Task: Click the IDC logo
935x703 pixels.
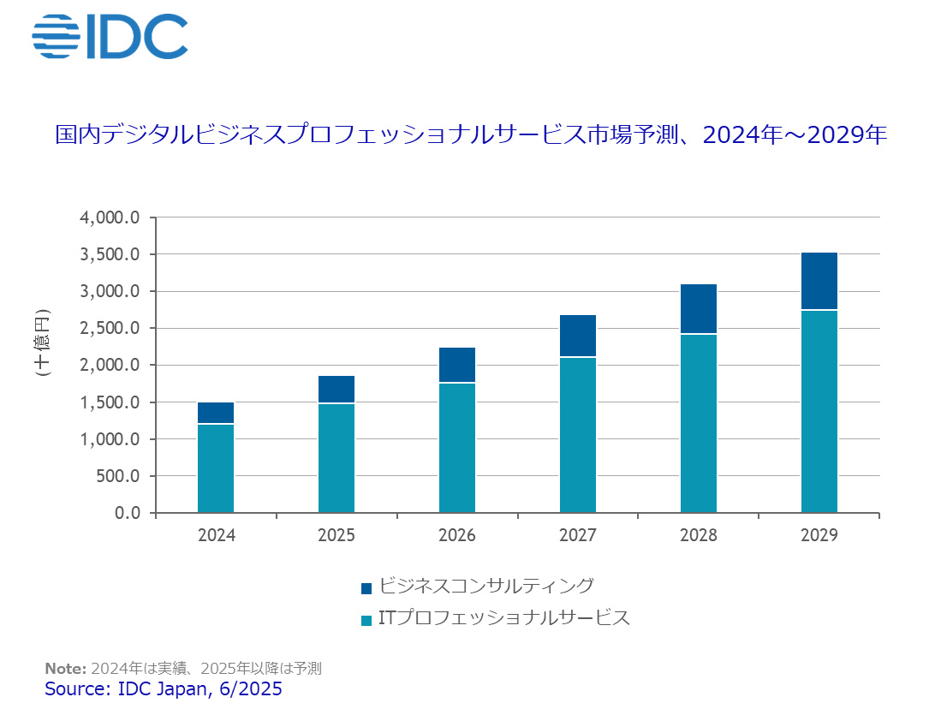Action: pyautogui.click(x=110, y=36)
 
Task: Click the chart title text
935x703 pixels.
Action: pyautogui.click(x=470, y=136)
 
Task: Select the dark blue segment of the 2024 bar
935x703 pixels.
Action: pyautogui.click(x=216, y=413)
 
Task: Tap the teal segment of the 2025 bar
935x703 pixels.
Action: pyautogui.click(x=336, y=458)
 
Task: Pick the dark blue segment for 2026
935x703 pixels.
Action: pyautogui.click(x=457, y=365)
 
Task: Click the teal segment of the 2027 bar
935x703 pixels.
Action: pyautogui.click(x=578, y=435)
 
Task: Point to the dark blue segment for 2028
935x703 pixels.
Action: pyautogui.click(x=699, y=309)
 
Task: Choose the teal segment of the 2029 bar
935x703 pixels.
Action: pyautogui.click(x=819, y=411)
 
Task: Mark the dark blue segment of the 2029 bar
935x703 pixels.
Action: pyautogui.click(x=819, y=281)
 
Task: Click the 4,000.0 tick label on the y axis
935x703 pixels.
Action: pyautogui.click(x=110, y=217)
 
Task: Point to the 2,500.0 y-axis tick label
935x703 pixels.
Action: pyautogui.click(x=110, y=329)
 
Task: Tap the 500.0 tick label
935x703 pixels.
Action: pyautogui.click(x=116, y=476)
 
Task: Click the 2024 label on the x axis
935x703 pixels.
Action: pyautogui.click(x=216, y=536)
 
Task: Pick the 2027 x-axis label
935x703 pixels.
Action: pyautogui.click(x=578, y=536)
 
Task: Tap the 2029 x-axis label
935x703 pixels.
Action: pyautogui.click(x=819, y=536)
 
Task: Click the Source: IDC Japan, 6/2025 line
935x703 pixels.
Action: pyautogui.click(x=163, y=688)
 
